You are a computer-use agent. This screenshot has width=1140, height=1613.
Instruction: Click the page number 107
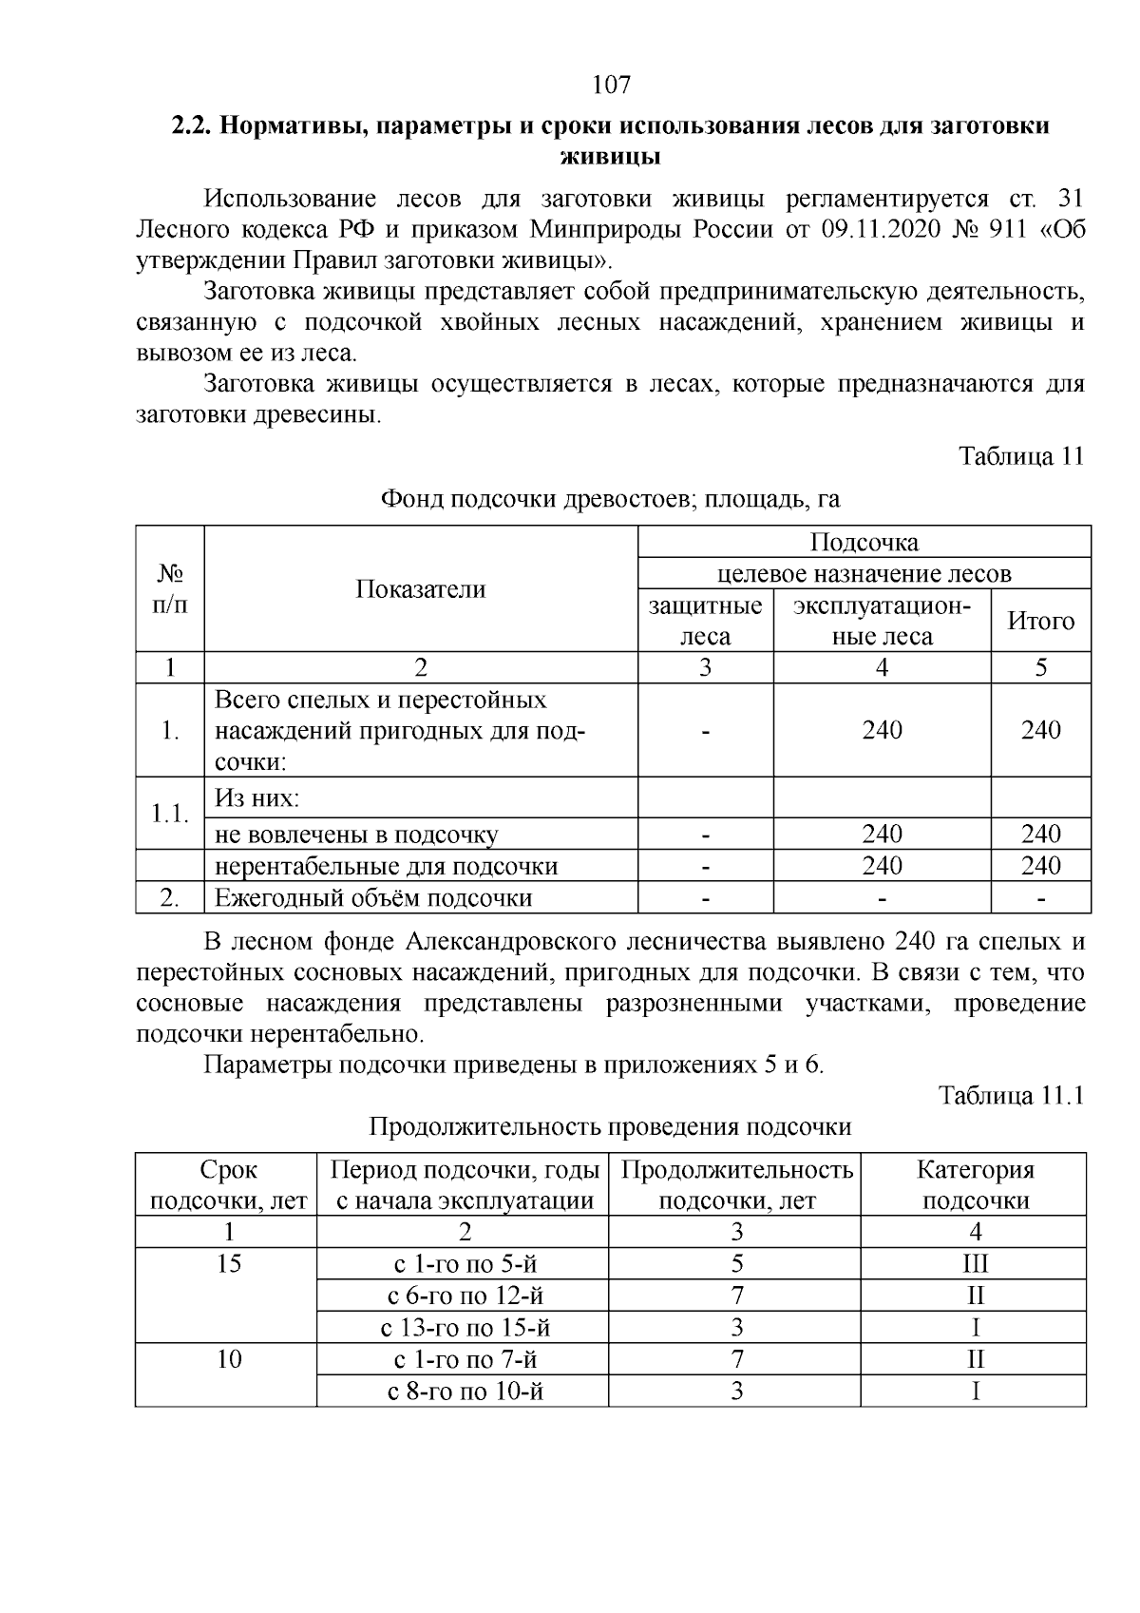click(x=611, y=86)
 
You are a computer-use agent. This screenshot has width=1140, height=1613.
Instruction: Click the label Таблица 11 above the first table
click(x=1021, y=455)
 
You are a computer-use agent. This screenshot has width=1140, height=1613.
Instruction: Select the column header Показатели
click(x=421, y=589)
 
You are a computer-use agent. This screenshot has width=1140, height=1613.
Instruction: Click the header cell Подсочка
click(x=864, y=542)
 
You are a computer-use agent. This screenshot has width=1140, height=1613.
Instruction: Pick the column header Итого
click(x=1040, y=621)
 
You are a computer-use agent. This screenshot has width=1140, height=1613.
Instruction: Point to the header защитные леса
click(x=705, y=621)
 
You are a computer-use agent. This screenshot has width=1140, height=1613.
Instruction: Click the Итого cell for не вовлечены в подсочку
click(x=1040, y=834)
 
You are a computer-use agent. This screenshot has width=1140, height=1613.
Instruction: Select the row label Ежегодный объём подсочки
click(x=372, y=897)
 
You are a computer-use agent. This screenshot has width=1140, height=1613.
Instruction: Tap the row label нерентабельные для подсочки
click(x=386, y=866)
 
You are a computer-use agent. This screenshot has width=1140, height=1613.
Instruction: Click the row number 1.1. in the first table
click(x=170, y=813)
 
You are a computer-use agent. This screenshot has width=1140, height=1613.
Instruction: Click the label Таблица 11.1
click(x=1011, y=1095)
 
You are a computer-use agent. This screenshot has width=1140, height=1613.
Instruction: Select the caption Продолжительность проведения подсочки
click(x=609, y=1126)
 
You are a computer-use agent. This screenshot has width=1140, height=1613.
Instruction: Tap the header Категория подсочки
click(x=975, y=1184)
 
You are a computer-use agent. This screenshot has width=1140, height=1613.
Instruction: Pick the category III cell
click(x=975, y=1263)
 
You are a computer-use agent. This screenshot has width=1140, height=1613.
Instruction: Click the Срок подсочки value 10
click(x=229, y=1359)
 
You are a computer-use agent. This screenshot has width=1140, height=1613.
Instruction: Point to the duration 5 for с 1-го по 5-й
click(x=736, y=1263)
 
